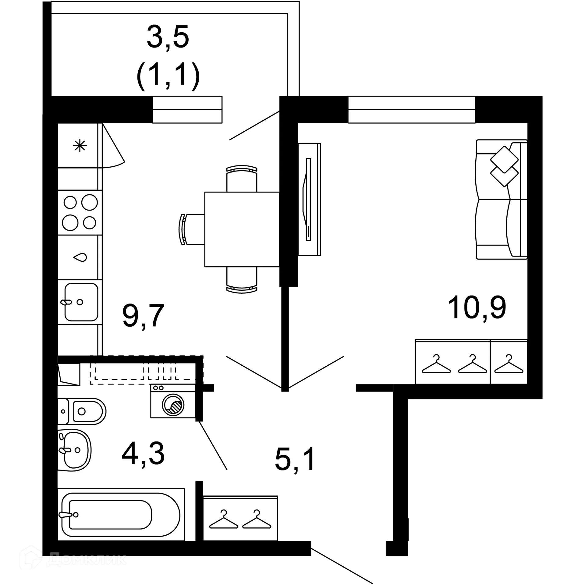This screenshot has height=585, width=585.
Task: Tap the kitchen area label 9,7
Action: point(143,316)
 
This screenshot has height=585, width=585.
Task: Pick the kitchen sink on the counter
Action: point(81,302)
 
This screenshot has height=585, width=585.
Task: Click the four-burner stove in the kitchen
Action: point(80,212)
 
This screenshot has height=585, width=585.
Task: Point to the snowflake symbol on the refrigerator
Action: point(80,146)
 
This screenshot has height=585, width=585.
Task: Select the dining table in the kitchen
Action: point(242,229)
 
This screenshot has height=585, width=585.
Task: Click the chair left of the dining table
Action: point(192,229)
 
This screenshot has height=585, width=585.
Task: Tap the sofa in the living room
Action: point(501,200)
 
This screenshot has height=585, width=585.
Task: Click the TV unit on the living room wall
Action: point(309,199)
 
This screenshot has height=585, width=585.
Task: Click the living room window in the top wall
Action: point(412,110)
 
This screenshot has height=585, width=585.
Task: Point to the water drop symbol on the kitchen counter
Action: point(80,257)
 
